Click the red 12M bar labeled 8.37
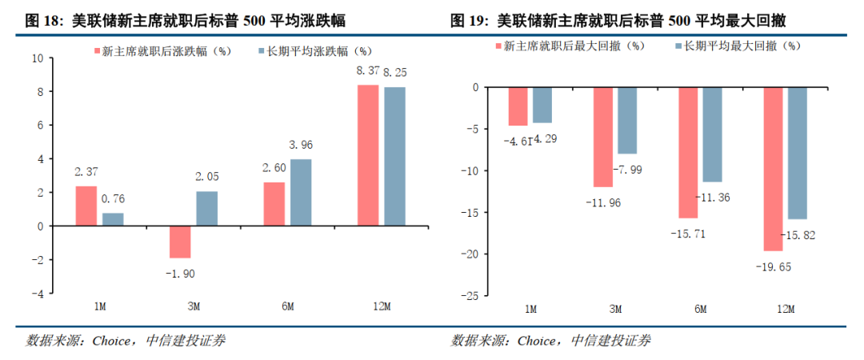pos(368,155)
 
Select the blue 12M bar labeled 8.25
pos(394,156)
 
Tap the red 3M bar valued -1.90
pos(180,242)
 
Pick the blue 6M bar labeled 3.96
pos(301,192)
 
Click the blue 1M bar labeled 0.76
pos(113,219)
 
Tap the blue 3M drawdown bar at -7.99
pos(627,120)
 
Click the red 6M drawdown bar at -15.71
pos(689,152)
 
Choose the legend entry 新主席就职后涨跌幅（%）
pos(163,50)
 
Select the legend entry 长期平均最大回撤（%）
pos(738,46)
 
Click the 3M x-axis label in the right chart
pos(614,309)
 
